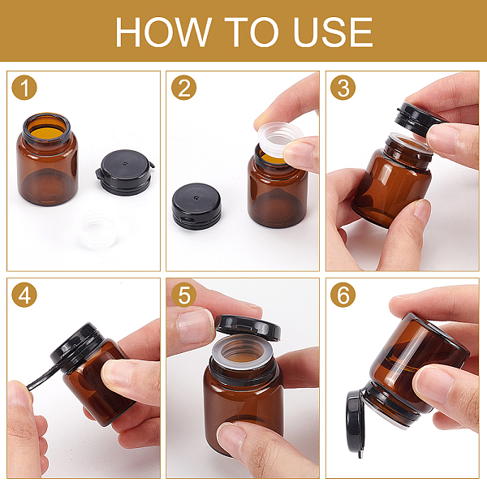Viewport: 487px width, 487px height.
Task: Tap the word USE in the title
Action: click(333, 32)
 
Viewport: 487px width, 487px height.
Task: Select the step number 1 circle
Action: click(24, 88)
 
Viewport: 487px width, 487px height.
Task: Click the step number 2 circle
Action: click(184, 88)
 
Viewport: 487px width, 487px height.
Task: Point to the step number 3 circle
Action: click(343, 88)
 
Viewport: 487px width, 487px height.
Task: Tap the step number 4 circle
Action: click(24, 295)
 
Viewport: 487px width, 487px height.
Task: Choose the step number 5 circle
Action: click(184, 295)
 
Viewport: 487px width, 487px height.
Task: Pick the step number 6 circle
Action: click(343, 295)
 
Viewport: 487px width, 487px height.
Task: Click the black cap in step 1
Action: click(125, 172)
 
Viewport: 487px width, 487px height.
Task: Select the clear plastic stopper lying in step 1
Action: click(97, 230)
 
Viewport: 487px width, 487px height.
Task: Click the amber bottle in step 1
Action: click(47, 159)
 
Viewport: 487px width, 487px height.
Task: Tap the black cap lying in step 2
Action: click(196, 206)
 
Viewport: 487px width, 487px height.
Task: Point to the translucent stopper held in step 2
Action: click(279, 139)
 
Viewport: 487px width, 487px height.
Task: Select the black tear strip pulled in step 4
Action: click(46, 377)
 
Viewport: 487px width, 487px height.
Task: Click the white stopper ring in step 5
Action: click(243, 352)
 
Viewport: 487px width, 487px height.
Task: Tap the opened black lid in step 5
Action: click(248, 328)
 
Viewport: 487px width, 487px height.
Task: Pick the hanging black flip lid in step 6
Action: click(355, 422)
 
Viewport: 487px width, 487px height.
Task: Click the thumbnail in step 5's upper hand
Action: click(193, 325)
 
